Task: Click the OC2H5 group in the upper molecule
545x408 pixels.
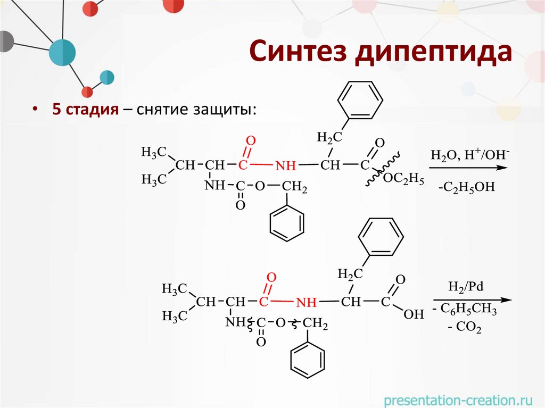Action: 403,180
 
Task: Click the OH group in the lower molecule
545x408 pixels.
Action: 414,314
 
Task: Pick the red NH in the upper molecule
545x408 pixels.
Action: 285,166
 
